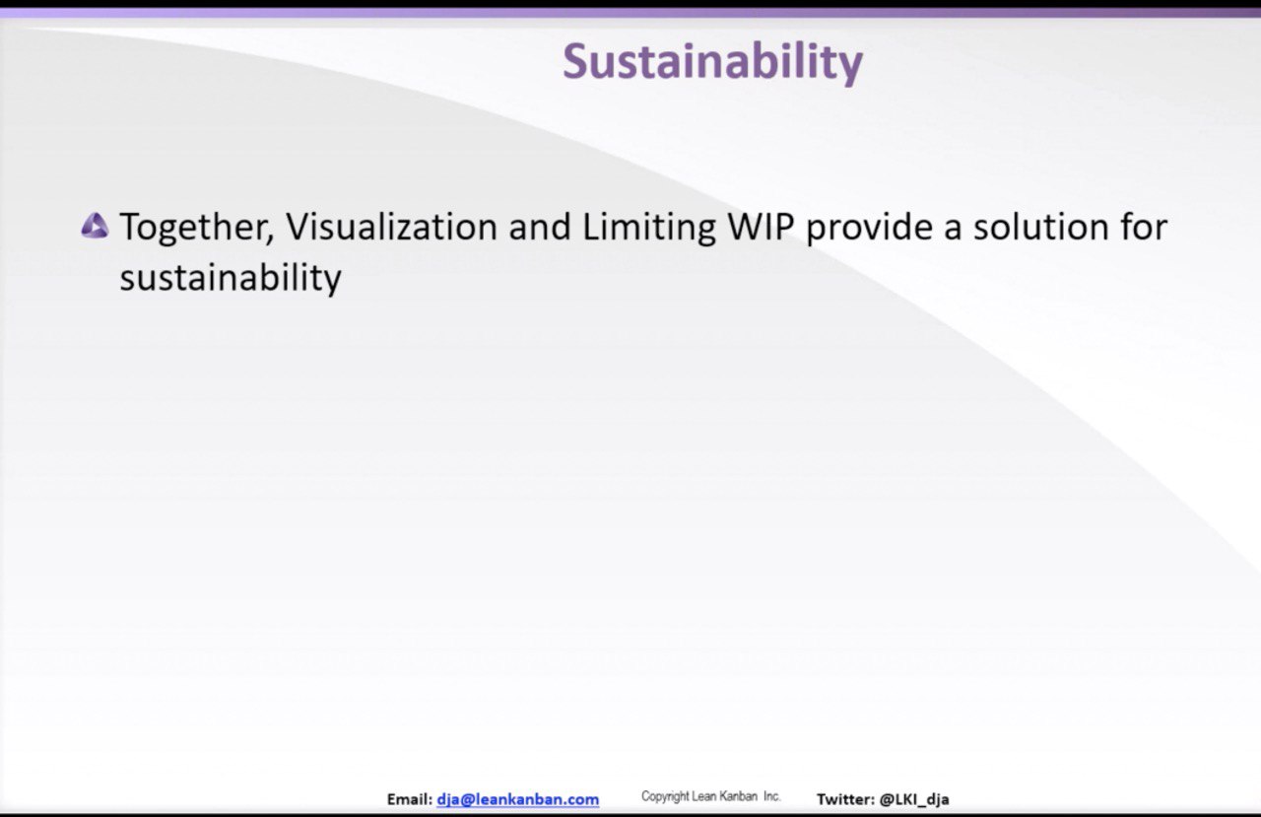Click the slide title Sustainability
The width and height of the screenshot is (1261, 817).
pos(712,62)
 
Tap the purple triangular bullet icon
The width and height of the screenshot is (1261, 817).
pos(95,226)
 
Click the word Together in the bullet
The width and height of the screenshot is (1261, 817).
pos(196,227)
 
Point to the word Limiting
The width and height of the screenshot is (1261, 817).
pos(649,228)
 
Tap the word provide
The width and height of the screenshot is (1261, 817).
pos(869,228)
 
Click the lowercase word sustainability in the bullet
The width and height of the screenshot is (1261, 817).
pos(231,278)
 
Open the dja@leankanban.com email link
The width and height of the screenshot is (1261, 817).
pos(518,799)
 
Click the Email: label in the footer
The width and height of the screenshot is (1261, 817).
pos(410,799)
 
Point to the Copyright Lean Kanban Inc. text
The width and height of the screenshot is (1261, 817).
pos(711,796)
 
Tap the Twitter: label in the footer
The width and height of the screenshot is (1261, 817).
pos(845,799)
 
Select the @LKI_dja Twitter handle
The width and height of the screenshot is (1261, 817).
pos(914,799)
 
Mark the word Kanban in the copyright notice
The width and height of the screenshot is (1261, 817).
pos(739,796)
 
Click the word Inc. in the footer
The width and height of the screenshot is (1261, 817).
pos(772,796)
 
